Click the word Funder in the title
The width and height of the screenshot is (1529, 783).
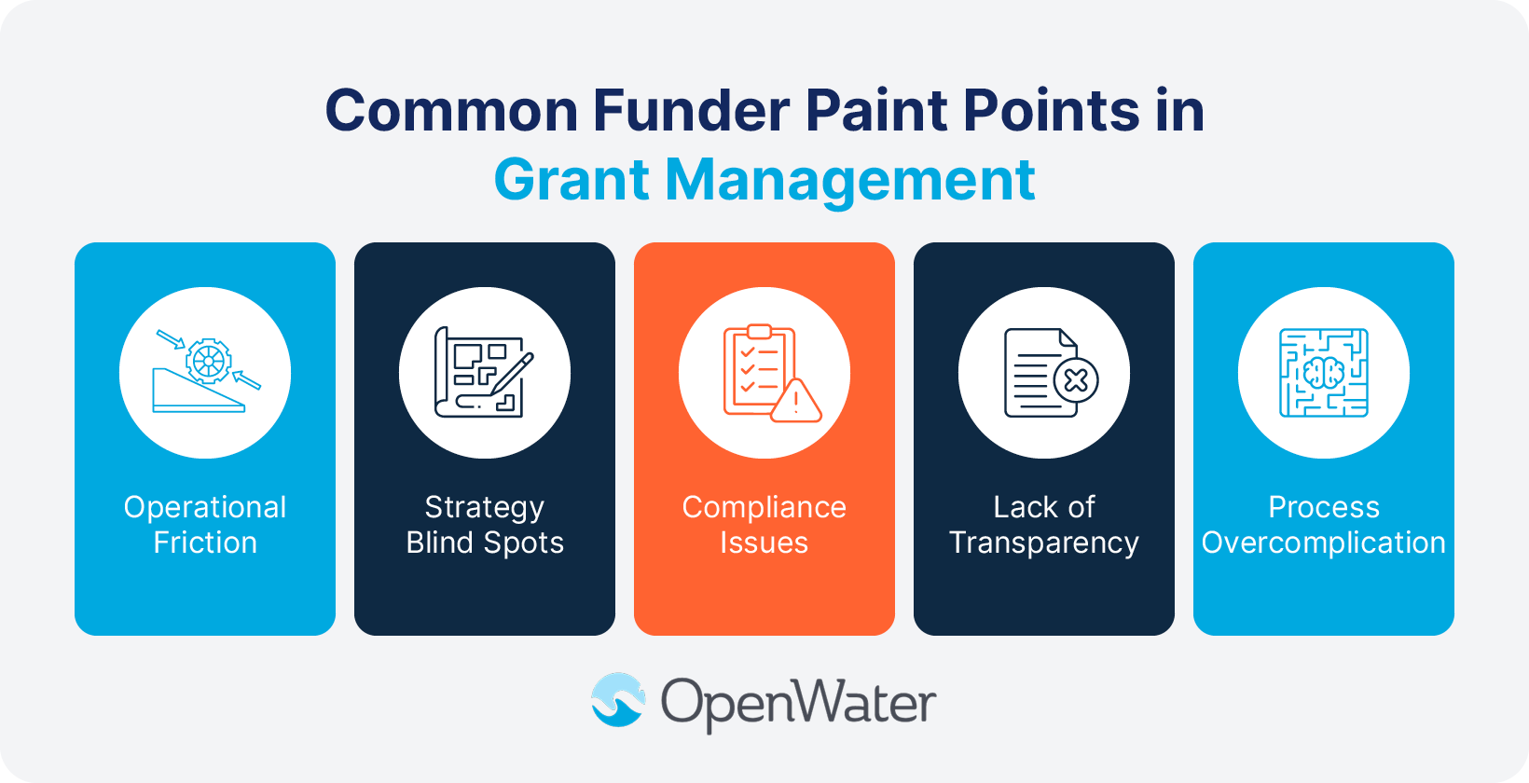(691, 111)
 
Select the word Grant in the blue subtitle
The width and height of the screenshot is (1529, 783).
(571, 179)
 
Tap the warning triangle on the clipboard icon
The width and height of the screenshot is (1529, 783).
(795, 402)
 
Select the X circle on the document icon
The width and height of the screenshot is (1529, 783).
(1076, 380)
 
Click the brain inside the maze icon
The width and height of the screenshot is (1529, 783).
(1324, 374)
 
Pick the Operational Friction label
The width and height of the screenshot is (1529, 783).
(205, 525)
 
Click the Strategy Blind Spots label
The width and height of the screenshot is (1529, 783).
(485, 525)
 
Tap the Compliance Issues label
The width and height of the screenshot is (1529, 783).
(764, 525)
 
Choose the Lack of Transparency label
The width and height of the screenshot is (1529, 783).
(1044, 525)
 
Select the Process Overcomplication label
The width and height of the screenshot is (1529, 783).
(1324, 525)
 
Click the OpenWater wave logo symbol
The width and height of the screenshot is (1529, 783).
(617, 700)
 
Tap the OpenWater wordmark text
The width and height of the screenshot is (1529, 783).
(798, 703)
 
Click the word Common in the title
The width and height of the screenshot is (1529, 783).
(452, 111)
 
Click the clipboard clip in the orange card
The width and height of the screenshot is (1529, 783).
(760, 332)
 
